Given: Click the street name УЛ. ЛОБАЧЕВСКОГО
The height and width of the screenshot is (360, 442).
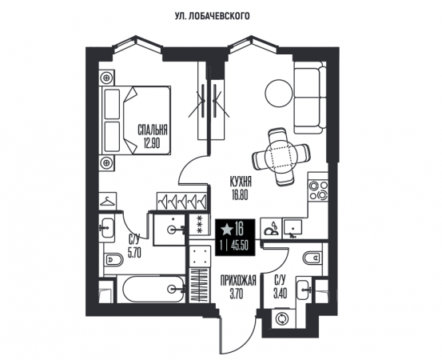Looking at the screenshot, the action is (x=213, y=16).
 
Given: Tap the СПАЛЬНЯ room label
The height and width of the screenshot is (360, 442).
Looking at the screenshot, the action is (x=153, y=130).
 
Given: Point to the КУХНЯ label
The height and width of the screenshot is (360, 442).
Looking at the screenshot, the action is (x=241, y=182).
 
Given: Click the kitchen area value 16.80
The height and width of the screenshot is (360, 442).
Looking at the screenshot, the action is (x=240, y=195).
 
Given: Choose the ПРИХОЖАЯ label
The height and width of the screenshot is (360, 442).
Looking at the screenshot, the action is (x=238, y=281).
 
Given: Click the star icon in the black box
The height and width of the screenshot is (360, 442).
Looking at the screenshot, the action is (x=226, y=230).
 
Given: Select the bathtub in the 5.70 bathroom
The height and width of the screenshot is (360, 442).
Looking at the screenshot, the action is (x=154, y=289).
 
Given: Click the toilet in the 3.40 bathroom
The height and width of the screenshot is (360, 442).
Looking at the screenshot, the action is (x=313, y=258).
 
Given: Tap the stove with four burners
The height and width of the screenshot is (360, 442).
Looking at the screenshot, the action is (x=319, y=190).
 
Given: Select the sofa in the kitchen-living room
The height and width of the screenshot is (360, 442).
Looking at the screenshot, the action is (x=310, y=98).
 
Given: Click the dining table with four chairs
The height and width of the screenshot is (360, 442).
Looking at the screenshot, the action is (x=281, y=157).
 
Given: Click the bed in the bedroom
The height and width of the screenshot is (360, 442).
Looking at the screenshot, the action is (x=135, y=120).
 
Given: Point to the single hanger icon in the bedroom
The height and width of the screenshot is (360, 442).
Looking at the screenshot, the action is (x=107, y=201).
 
